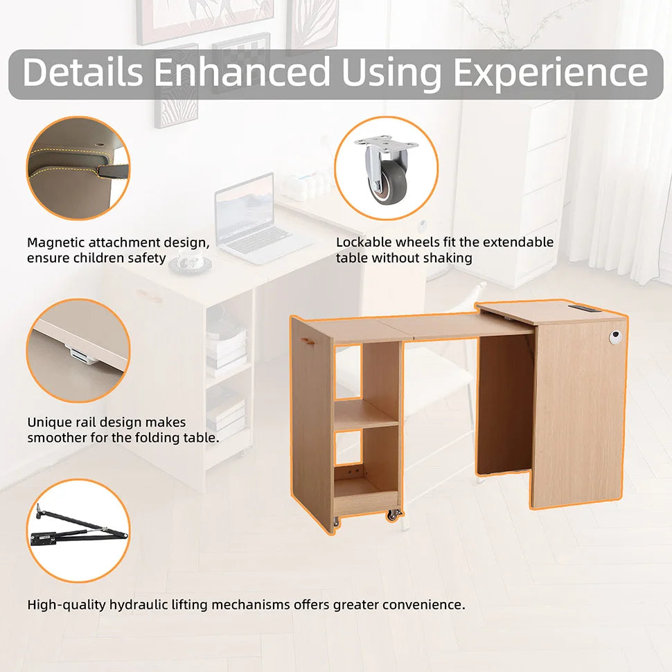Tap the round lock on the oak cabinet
pos(615,337)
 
